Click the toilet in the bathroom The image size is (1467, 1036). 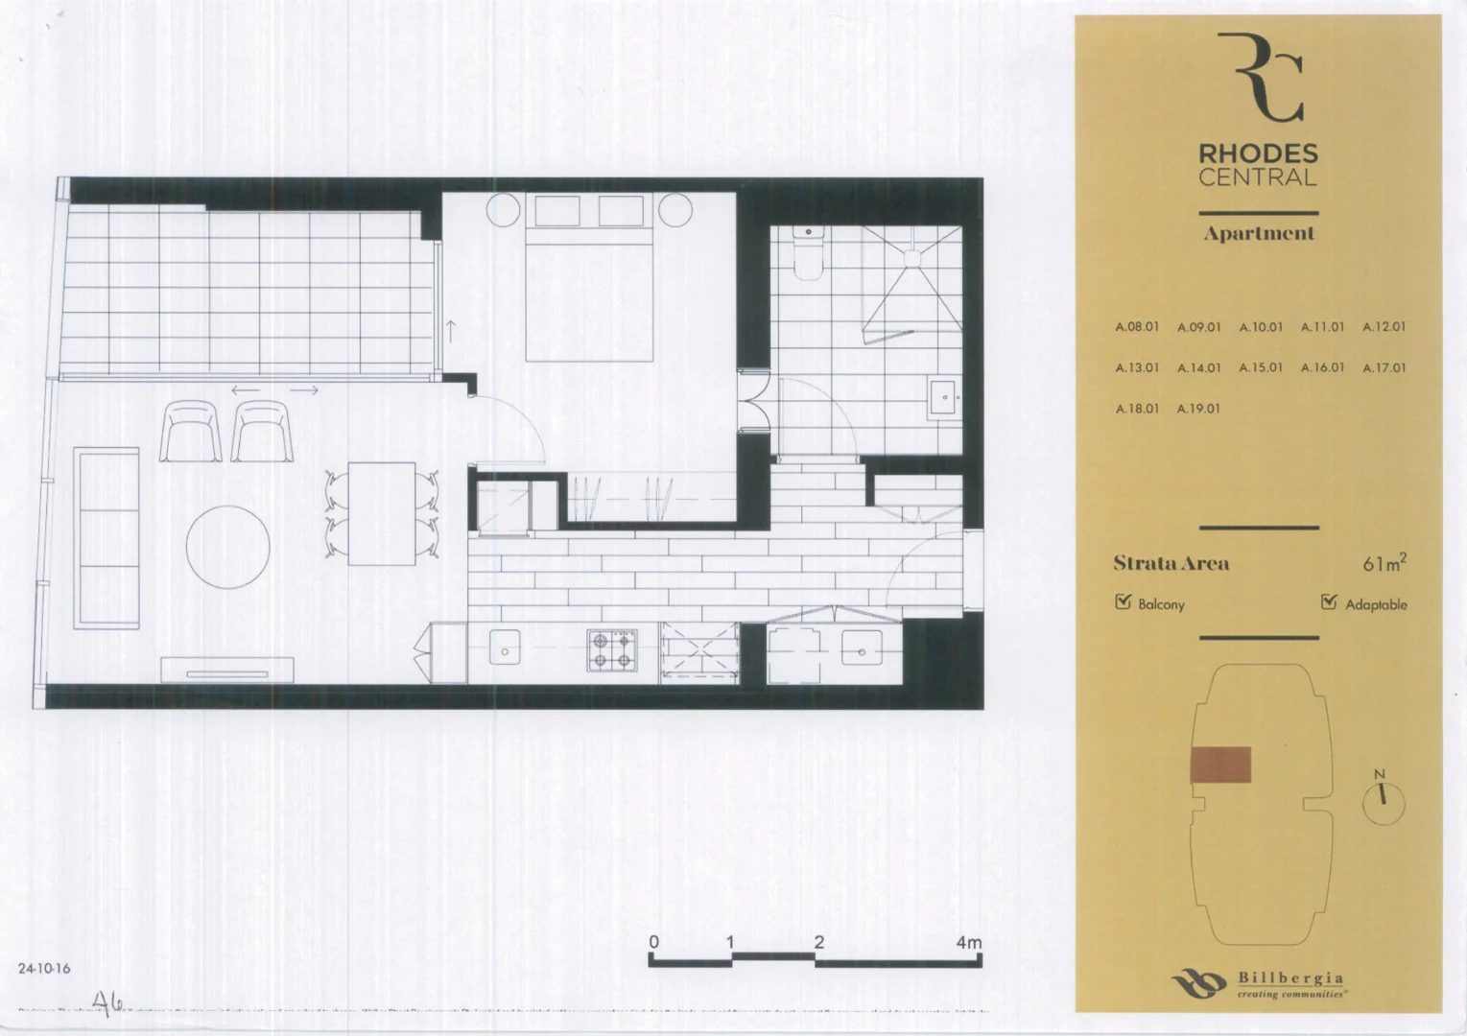point(809,253)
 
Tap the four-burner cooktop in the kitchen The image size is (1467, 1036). point(612,649)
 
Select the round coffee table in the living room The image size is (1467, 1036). point(227,547)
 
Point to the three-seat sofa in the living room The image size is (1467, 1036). point(106,537)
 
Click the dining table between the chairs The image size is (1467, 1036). point(381,513)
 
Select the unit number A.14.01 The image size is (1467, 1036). point(1198,367)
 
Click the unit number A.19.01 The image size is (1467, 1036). point(1198,409)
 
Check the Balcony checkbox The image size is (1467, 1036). point(1124,602)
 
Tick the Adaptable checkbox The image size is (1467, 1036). point(1329,602)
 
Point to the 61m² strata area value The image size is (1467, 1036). point(1384,563)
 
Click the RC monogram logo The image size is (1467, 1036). point(1259,77)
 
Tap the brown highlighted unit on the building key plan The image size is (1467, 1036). point(1220,765)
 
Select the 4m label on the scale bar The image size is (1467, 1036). point(968,943)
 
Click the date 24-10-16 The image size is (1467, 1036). point(44,969)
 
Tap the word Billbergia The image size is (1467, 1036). point(1290,977)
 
